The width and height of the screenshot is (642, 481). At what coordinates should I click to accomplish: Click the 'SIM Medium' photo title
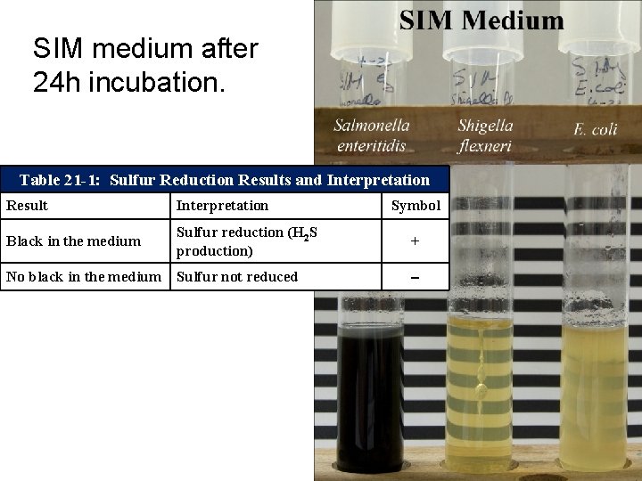pos(481,20)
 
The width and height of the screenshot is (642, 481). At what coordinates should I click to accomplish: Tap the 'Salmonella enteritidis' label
pos(372,135)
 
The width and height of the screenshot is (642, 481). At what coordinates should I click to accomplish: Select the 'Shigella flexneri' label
pos(485,135)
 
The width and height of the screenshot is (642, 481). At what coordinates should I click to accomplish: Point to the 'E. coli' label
pos(595,130)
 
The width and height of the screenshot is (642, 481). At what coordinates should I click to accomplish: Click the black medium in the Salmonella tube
pos(370,392)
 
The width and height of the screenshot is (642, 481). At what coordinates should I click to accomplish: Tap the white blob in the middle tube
pos(480,389)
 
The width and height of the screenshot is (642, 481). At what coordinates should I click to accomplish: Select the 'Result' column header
pos(28,206)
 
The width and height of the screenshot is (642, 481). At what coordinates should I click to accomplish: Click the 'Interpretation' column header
pos(222,206)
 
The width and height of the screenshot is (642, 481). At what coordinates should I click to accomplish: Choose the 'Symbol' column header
pos(416,206)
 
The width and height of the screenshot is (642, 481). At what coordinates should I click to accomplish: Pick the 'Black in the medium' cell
pos(74,240)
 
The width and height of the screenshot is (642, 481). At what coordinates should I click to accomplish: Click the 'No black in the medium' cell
pos(84,276)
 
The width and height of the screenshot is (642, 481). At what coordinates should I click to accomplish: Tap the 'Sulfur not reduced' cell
pos(237,276)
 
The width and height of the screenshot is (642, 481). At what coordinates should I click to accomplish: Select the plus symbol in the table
pos(415,240)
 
